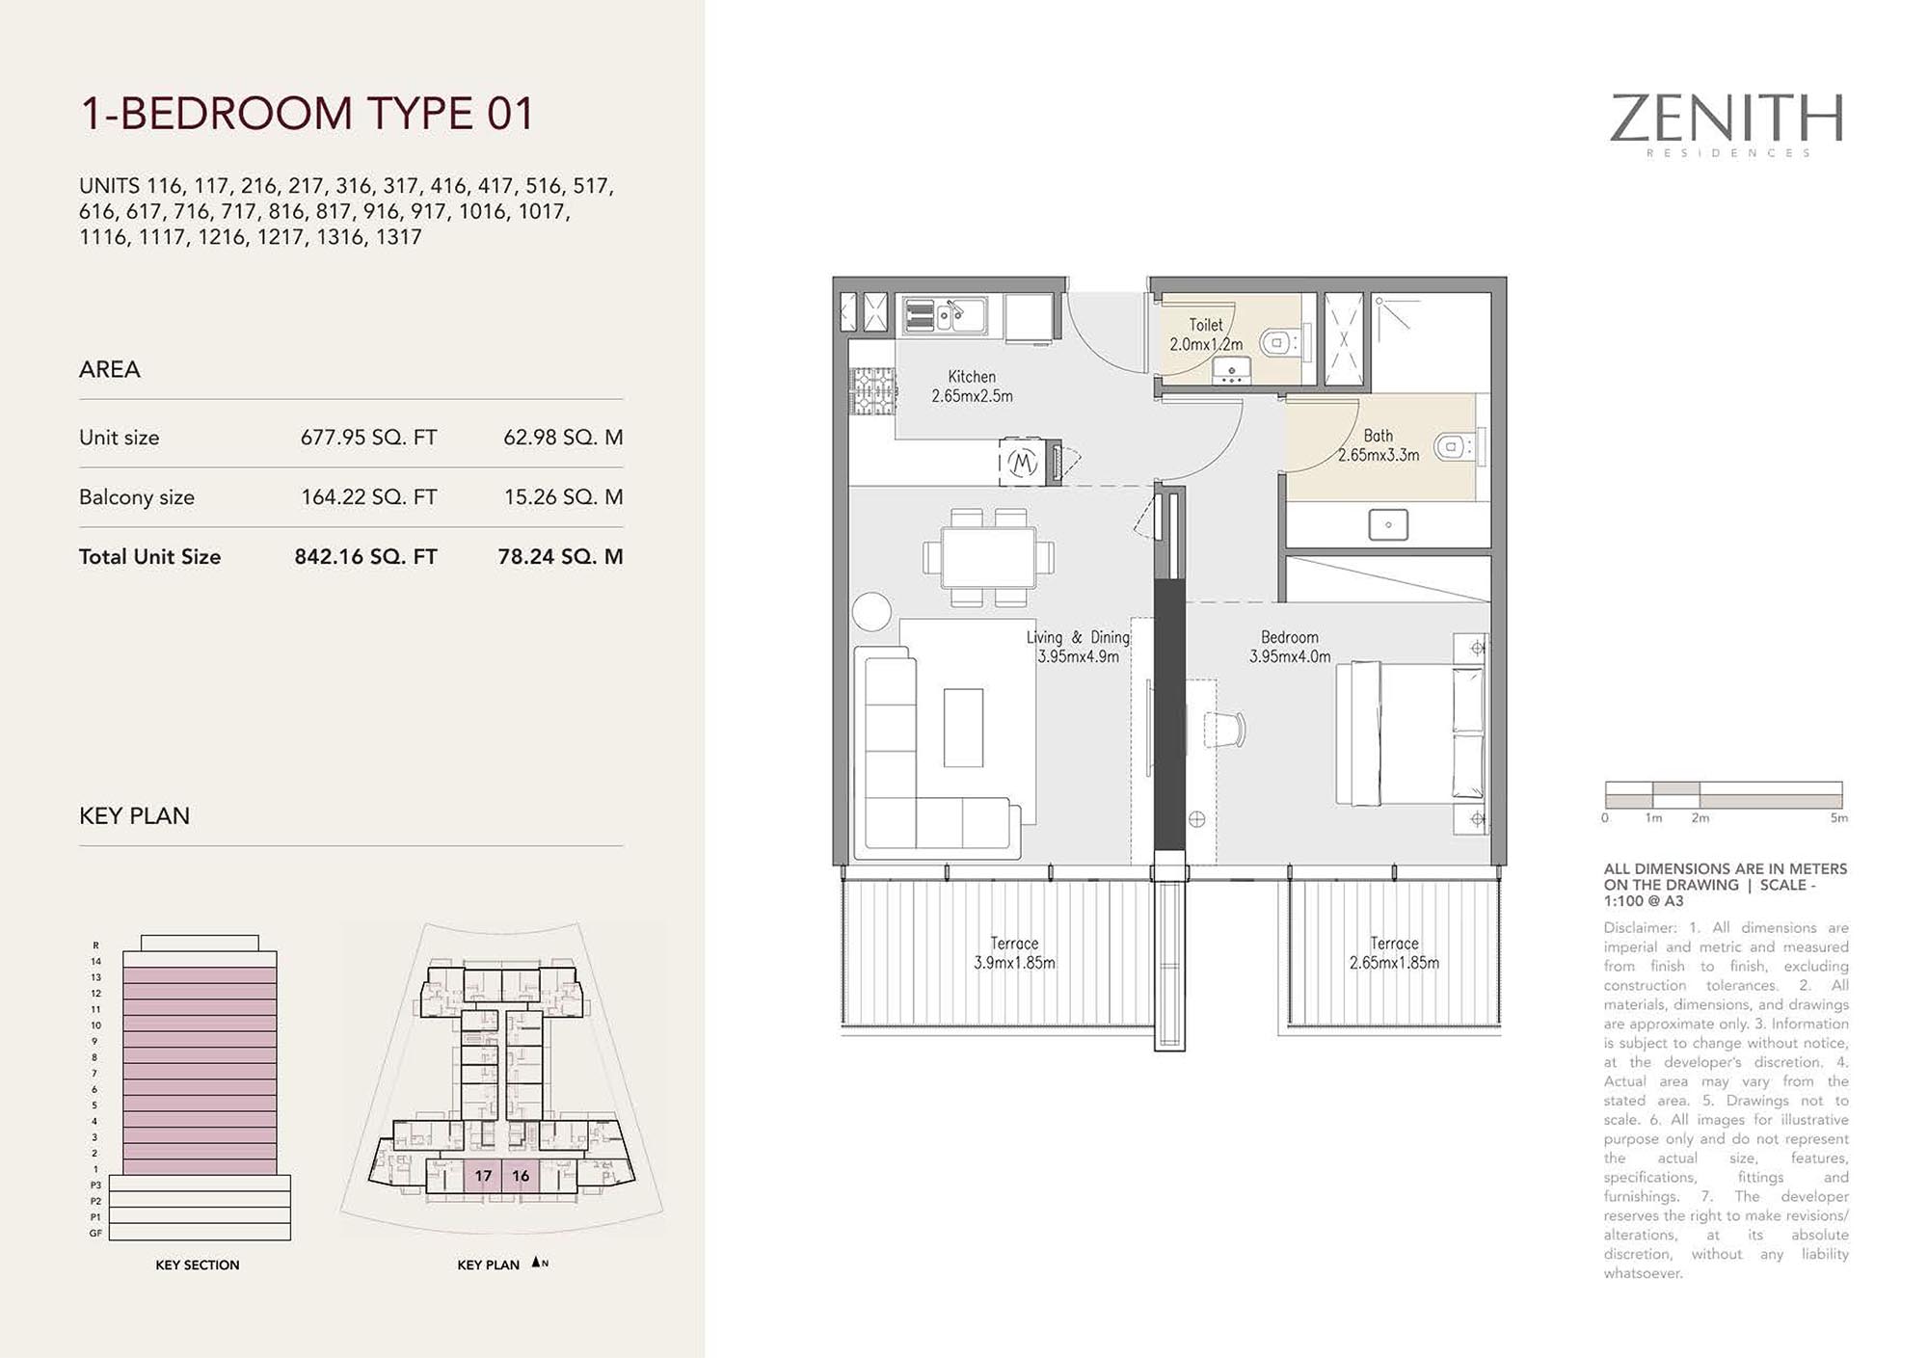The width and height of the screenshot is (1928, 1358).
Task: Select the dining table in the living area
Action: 988,557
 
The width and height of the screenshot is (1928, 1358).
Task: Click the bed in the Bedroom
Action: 1410,732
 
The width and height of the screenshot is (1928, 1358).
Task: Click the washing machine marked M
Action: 1022,463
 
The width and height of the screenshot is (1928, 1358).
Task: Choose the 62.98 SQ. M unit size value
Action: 563,438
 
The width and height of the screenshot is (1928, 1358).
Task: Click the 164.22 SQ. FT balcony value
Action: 368,497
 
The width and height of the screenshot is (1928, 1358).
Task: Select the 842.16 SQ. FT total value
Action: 365,557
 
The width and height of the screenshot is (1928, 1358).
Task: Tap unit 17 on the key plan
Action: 483,1176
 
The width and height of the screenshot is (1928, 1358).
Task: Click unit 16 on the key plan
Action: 521,1176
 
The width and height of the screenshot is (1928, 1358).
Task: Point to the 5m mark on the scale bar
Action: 1839,818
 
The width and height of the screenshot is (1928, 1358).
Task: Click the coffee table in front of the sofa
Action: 963,728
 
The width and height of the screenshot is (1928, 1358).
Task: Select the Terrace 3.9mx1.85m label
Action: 1014,953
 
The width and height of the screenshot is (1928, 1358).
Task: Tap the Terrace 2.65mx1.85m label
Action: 1394,953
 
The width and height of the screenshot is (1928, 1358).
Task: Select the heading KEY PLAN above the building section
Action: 134,815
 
